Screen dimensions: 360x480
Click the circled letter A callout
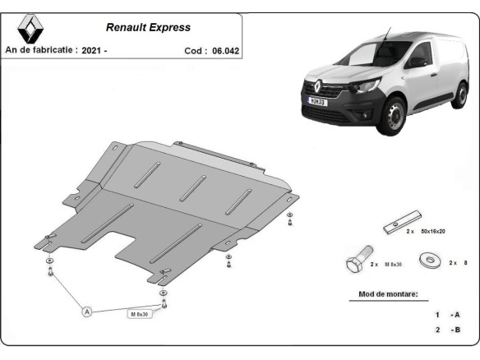(85, 312)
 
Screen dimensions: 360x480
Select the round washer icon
(427, 262)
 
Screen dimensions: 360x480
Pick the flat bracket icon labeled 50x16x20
(398, 227)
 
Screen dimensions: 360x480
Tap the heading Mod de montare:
(387, 293)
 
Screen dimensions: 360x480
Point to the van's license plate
(316, 101)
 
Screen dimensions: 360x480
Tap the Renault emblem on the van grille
(316, 84)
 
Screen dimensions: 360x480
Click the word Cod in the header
(194, 50)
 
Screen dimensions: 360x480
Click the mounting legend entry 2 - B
(448, 330)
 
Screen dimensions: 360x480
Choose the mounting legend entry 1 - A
(448, 315)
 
